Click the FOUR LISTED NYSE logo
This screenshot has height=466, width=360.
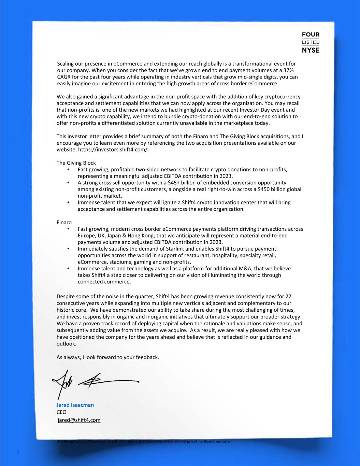[311, 42]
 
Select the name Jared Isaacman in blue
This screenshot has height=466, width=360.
[75, 405]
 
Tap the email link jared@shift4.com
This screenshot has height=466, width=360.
[79, 420]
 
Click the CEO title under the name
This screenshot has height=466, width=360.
[61, 412]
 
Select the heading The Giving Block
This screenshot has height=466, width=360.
[76, 163]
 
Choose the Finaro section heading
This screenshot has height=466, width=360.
[64, 222]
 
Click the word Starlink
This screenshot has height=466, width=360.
[187, 249]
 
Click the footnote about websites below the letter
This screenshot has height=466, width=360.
[145, 441]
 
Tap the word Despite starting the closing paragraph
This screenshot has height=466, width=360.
[66, 296]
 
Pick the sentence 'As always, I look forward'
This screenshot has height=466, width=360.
[108, 357]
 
